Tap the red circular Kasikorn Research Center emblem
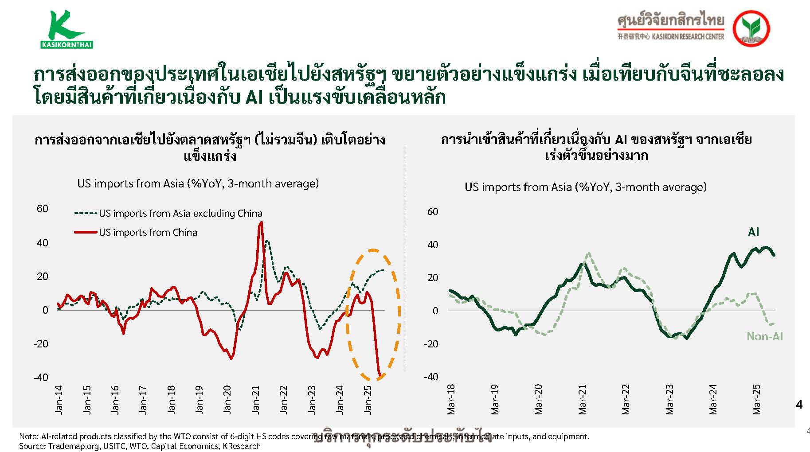tap(751, 28)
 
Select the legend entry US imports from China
tap(148, 232)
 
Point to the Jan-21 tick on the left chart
tap(255, 400)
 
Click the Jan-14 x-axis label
tap(59, 400)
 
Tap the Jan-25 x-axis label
tap(368, 400)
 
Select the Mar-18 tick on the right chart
tap(451, 400)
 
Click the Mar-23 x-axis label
tap(669, 400)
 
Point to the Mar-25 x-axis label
tap(756, 400)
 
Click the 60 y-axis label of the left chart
tap(43, 209)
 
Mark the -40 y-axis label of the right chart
tap(431, 377)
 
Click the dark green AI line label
tap(753, 232)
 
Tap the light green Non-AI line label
tap(765, 336)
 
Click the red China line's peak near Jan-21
tap(261, 222)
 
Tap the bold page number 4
tap(799, 404)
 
